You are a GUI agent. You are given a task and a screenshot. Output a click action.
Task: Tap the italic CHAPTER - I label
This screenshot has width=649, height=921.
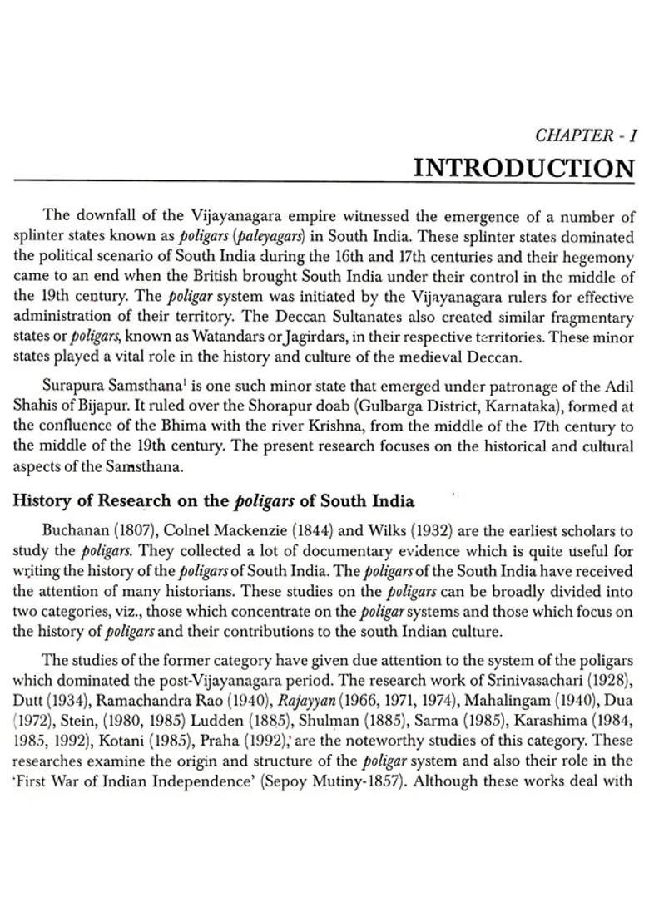[x=585, y=135]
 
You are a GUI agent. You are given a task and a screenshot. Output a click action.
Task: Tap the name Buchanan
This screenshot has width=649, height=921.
[x=76, y=530]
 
